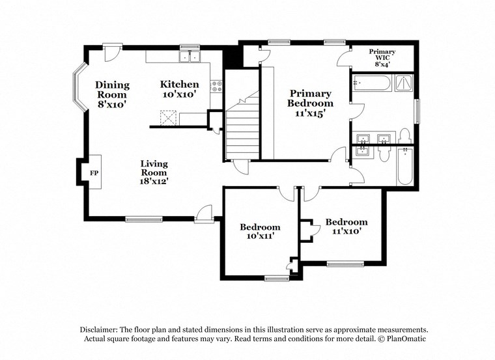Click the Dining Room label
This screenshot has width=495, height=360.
[x=112, y=94]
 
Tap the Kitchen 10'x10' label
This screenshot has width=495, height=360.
[x=180, y=89]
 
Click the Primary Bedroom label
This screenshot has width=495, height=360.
[x=311, y=103]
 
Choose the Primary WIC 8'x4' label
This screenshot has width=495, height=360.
[x=382, y=57]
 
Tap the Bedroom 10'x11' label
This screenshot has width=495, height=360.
[x=260, y=231]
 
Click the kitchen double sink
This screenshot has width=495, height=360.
[x=190, y=58]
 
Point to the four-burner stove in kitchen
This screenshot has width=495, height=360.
[x=216, y=85]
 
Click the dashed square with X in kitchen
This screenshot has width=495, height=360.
[x=169, y=117]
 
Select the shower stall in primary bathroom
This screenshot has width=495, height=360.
[x=404, y=83]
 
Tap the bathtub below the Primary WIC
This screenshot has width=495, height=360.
[x=371, y=83]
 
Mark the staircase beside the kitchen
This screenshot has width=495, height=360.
[x=242, y=127]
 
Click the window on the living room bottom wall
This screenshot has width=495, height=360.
[x=144, y=219]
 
